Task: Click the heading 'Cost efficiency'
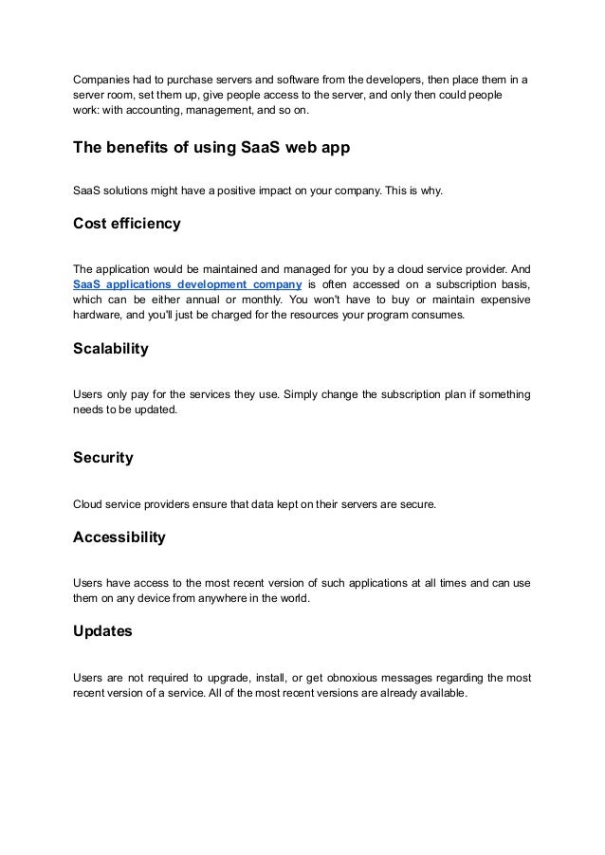[x=126, y=225]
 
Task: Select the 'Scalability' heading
[x=111, y=349]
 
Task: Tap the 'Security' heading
[x=102, y=458]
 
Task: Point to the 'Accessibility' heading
[x=119, y=537]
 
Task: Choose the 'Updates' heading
[x=102, y=630]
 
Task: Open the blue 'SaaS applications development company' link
[x=187, y=283]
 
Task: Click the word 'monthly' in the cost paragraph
[x=280, y=300]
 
